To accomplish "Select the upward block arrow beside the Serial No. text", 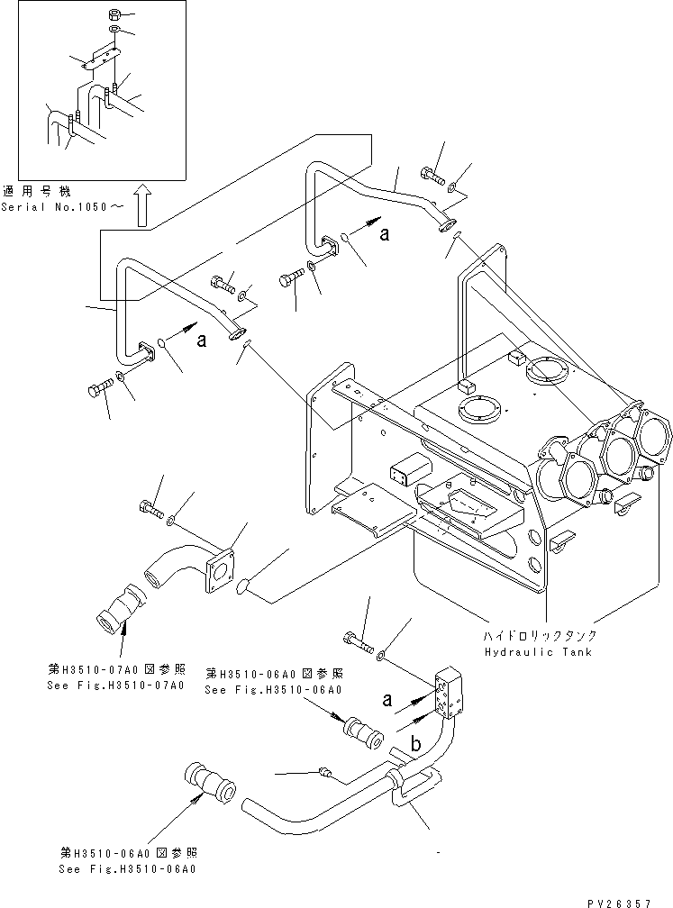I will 141,205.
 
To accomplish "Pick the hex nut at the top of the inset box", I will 114,15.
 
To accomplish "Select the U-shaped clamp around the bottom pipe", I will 413,785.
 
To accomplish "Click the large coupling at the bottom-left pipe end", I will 209,783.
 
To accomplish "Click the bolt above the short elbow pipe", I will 151,508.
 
